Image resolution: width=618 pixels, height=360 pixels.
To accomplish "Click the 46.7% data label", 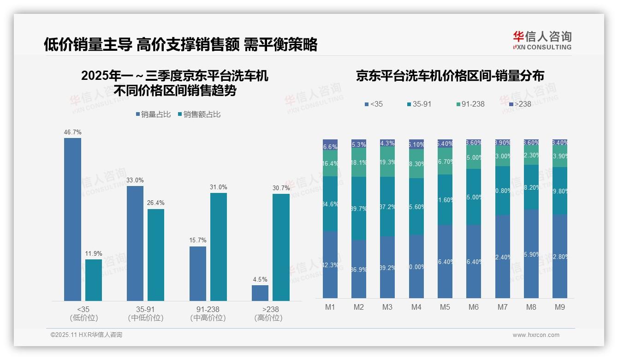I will (72, 132).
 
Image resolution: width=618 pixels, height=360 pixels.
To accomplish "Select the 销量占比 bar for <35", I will (72, 219).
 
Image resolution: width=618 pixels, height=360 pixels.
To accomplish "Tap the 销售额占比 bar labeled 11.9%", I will (94, 280).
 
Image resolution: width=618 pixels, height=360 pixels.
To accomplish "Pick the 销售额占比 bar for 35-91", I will (156, 255).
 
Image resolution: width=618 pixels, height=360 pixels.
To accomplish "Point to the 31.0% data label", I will (219, 187).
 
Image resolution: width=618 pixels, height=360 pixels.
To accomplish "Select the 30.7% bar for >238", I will (281, 247).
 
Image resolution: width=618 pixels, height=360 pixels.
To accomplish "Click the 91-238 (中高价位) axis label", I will (208, 313).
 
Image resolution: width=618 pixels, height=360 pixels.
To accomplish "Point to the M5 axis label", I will (445, 307).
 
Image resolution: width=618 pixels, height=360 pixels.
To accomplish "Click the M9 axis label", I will (559, 307).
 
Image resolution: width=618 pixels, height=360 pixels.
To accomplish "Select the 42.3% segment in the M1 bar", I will (330, 265).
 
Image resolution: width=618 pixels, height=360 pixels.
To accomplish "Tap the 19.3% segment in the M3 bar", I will (387, 162).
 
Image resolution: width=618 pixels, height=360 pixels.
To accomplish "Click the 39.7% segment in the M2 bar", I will (359, 208).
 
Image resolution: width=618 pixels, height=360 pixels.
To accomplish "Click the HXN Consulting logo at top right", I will (542, 40).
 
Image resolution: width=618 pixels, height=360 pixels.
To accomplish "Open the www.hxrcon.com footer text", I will (536, 335).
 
